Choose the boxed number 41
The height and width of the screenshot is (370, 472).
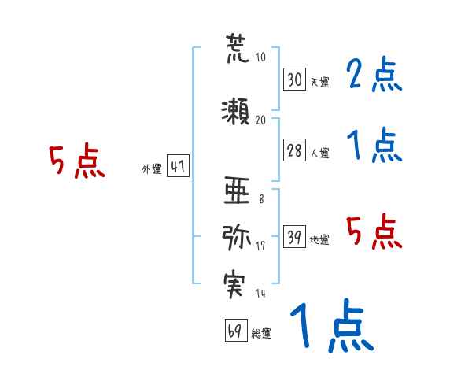(177, 167)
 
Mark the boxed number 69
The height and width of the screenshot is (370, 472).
(235, 331)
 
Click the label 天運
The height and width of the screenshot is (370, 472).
(319, 82)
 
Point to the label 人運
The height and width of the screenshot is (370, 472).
(319, 154)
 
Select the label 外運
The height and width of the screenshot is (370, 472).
(151, 169)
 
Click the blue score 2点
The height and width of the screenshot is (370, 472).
(374, 76)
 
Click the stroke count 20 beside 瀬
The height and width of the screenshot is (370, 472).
(260, 120)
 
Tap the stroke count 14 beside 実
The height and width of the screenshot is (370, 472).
(260, 293)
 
